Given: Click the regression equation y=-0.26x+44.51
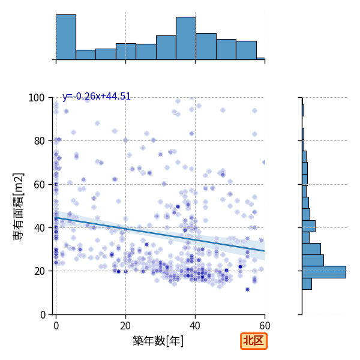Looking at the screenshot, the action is pos(97,96).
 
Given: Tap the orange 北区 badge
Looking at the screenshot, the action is pos(254,341).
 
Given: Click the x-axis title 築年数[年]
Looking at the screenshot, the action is pos(158,341).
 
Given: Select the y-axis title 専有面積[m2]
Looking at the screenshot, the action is pos(19,206).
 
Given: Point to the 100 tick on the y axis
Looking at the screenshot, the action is pos(36,98).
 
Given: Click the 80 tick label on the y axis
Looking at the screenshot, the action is pos(39,141).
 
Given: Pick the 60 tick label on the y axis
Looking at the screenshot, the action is pos(39,185).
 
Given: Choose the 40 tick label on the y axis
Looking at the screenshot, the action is pos(39,228).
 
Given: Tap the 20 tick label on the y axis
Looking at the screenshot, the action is pos(39,271).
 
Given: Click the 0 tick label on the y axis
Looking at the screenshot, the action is pos(43,315).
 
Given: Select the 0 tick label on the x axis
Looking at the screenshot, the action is pos(56,326).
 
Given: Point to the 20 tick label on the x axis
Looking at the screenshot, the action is pos(125,326).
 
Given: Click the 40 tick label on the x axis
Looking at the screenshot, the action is pos(195,326).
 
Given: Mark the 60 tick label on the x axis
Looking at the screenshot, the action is pos(265,326).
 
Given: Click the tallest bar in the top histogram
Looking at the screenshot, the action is pos(66,37).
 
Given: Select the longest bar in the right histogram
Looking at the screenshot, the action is pos(324,272).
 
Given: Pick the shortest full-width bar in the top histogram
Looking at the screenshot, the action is pos(86,55).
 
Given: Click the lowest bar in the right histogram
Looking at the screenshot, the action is pos(307,284).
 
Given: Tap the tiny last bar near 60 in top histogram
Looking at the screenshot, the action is pos(260,59).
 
